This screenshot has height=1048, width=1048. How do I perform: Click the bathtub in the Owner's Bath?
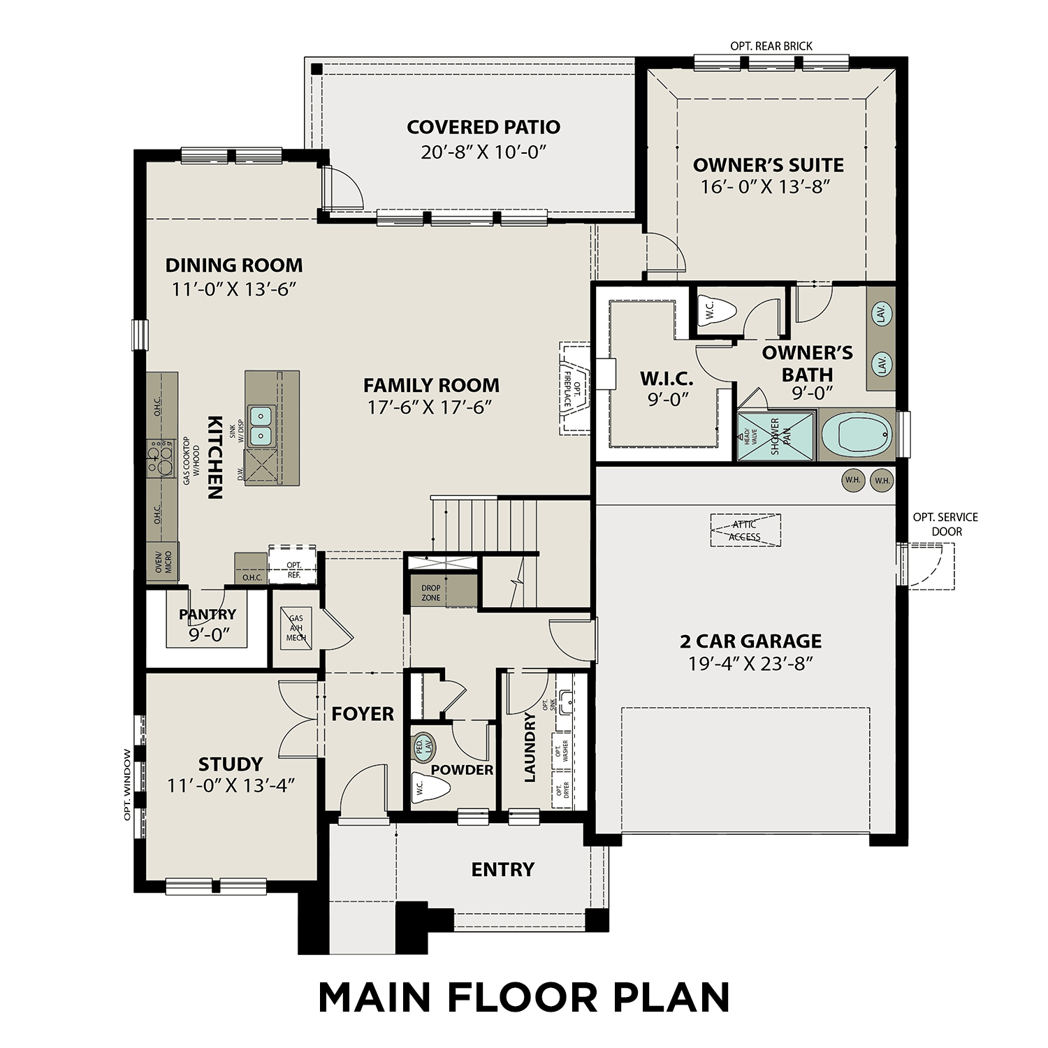(x=857, y=435)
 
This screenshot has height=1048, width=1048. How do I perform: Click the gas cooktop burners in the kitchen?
(x=160, y=459)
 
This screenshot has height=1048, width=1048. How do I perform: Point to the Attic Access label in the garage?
(x=745, y=531)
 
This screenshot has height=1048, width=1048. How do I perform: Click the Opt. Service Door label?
(x=945, y=524)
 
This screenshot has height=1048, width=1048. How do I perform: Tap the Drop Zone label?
(x=431, y=592)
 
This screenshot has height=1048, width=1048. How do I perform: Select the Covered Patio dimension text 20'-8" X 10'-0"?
(x=483, y=152)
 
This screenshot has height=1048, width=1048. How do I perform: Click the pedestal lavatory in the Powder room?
(x=423, y=745)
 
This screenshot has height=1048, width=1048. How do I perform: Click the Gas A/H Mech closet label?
(x=296, y=627)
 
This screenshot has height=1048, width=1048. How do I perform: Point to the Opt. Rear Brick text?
(x=771, y=46)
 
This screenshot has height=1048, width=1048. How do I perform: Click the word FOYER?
(x=363, y=714)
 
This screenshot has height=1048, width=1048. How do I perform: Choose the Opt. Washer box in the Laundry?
(x=562, y=750)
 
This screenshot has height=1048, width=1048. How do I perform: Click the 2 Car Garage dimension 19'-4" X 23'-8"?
(x=750, y=664)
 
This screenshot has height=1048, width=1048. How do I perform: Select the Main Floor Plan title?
(x=524, y=998)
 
